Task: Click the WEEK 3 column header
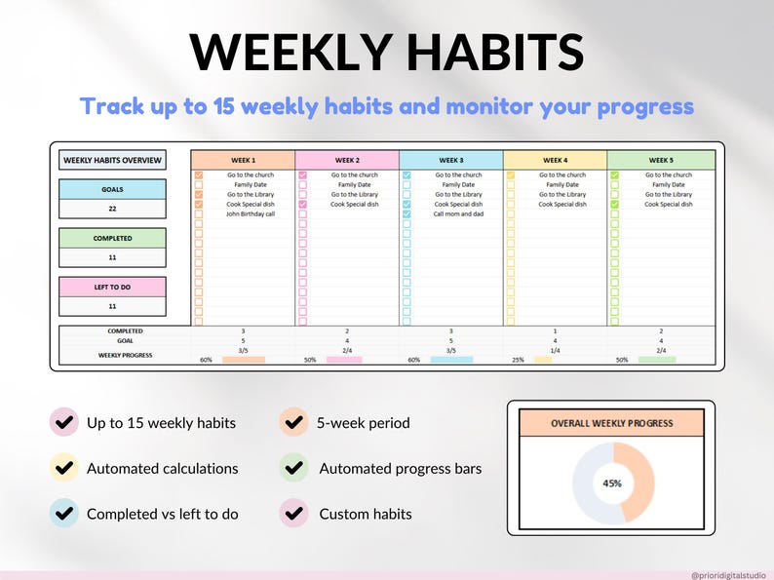point(450,160)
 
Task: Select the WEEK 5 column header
point(660,160)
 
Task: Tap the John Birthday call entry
point(252,213)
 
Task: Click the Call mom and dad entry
point(458,213)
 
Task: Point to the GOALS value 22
point(112,209)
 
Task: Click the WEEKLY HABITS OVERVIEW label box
point(112,160)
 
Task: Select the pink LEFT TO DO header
point(112,287)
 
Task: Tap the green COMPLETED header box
point(112,238)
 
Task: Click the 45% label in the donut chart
point(612,483)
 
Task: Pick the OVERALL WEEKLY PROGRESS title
point(611,423)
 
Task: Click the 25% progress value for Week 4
point(519,360)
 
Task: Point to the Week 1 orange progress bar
point(243,360)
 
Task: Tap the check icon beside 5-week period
point(294,423)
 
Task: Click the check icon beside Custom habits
point(294,513)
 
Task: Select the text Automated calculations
point(162,468)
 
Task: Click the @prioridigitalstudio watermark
point(728,575)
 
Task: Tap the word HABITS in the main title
point(486,52)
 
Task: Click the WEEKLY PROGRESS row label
point(125,356)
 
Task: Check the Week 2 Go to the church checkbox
point(303,175)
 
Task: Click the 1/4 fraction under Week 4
point(554,350)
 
